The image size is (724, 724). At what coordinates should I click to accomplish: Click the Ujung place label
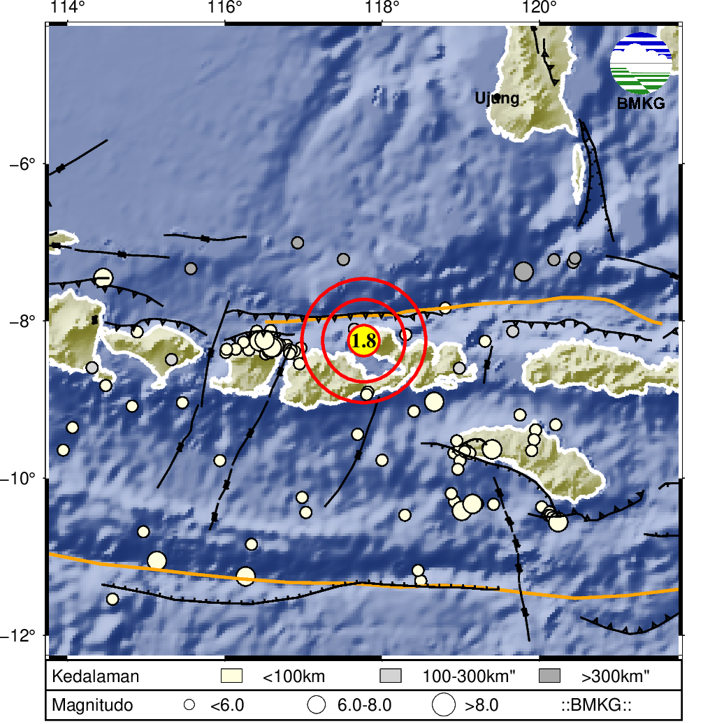click(x=497, y=98)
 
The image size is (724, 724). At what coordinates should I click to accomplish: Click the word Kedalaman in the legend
click(x=96, y=676)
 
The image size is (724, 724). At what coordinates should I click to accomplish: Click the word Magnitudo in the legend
click(x=92, y=705)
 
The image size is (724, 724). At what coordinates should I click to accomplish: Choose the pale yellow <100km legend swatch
click(x=231, y=676)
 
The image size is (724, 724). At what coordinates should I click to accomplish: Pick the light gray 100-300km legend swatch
click(x=391, y=676)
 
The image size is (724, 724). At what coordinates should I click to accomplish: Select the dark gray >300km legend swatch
click(x=550, y=676)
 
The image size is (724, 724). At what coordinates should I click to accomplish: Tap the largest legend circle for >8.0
click(x=444, y=705)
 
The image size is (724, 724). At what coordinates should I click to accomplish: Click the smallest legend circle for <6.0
click(x=189, y=705)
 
